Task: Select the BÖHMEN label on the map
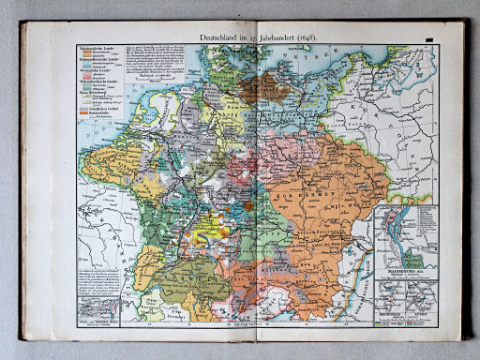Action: pyautogui.click(x=305, y=185)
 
